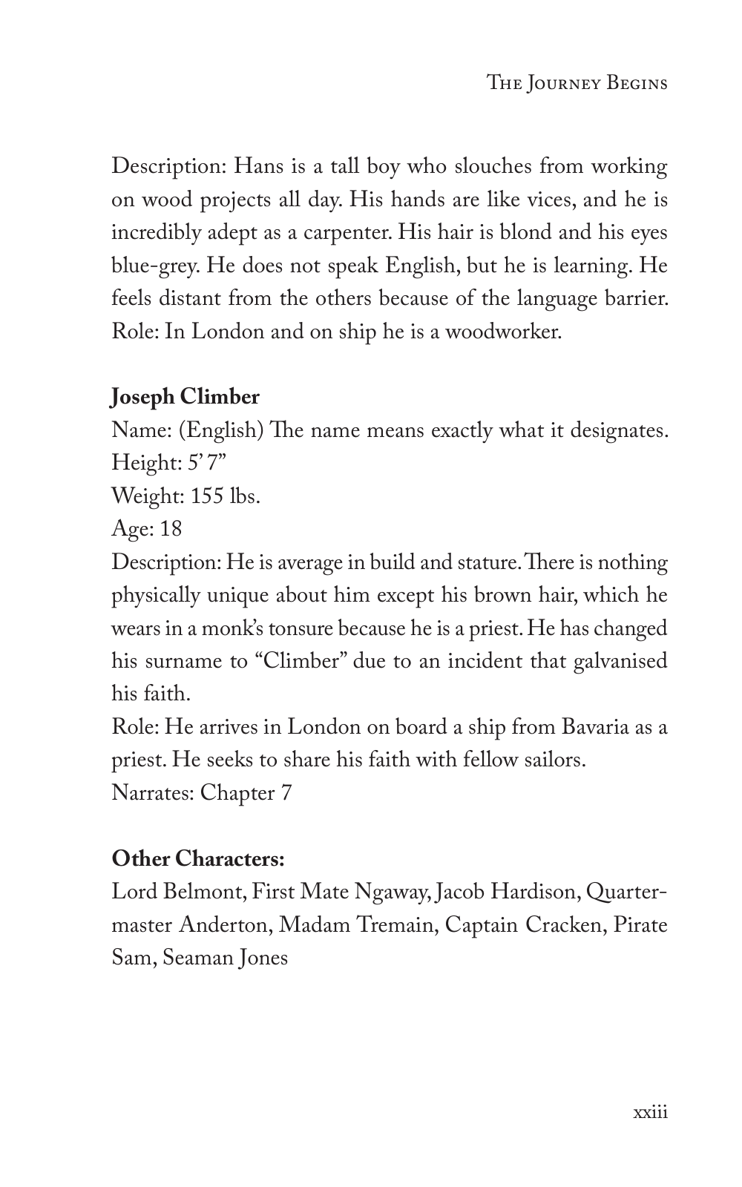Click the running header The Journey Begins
click(x=577, y=82)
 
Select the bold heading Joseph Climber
click(x=185, y=398)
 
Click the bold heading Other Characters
click(x=198, y=859)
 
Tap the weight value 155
click(x=208, y=496)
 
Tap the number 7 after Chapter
click(x=286, y=793)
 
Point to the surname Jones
click(x=263, y=958)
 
